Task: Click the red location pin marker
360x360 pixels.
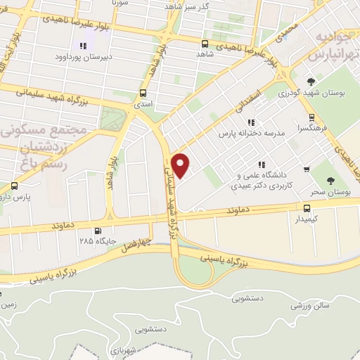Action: coord(181,165)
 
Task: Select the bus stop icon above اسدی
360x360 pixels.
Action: coord(143,93)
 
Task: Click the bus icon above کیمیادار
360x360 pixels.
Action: coord(307,208)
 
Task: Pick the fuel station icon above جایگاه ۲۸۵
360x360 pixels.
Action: coord(97,231)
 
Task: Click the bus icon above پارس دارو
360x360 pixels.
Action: coord(15,186)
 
